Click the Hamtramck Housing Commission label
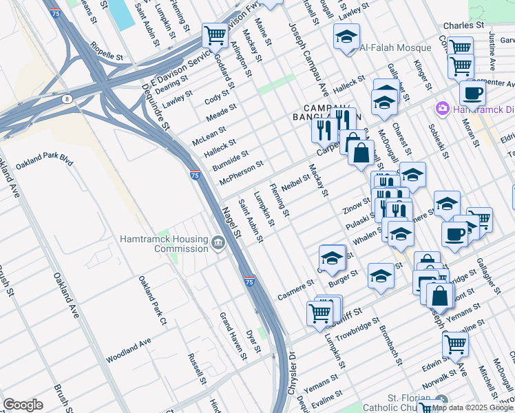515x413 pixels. [163, 244]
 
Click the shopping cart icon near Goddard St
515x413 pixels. [215, 34]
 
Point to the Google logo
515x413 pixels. [23, 405]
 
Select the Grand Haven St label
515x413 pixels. [233, 336]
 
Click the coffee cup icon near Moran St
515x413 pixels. [472, 93]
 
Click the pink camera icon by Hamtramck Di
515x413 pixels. [441, 109]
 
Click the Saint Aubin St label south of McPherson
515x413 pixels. [251, 220]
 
